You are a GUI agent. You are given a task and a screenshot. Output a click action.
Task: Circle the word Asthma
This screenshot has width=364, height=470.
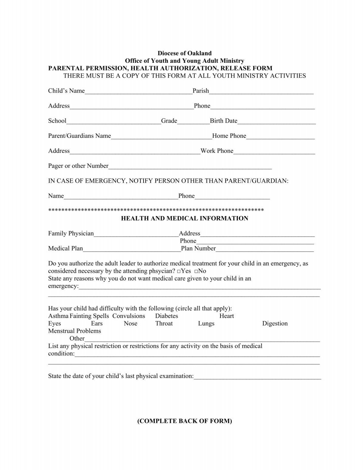(58, 316)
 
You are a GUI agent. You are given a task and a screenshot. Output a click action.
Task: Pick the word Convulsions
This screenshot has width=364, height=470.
(129, 316)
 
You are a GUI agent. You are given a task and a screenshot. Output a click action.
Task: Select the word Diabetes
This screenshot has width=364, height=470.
(167, 316)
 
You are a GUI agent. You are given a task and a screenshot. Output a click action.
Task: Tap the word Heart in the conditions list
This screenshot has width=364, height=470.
(227, 316)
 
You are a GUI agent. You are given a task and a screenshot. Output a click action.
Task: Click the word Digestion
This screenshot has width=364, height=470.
(275, 324)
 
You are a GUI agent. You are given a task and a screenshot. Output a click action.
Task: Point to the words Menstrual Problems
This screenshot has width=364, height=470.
(75, 331)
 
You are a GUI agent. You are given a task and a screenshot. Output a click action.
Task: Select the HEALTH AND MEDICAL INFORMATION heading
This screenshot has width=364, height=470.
(184, 218)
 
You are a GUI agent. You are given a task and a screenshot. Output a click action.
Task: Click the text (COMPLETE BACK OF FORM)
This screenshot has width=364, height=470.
(184, 421)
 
